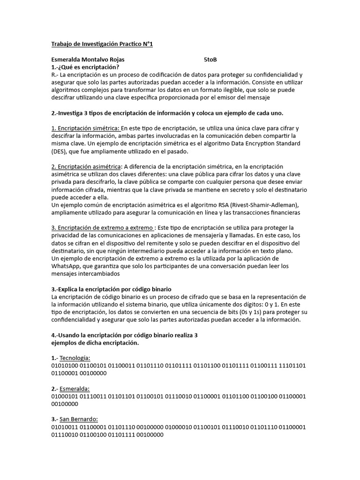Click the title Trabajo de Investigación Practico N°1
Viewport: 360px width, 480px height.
pos(102,44)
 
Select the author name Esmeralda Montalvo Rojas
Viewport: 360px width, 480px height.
pos(88,60)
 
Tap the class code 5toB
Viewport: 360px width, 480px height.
pos(210,60)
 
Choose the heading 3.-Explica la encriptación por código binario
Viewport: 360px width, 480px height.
pos(114,289)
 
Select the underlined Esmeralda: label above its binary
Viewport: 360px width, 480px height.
pos(75,389)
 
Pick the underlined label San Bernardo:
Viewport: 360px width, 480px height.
pos(79,419)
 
